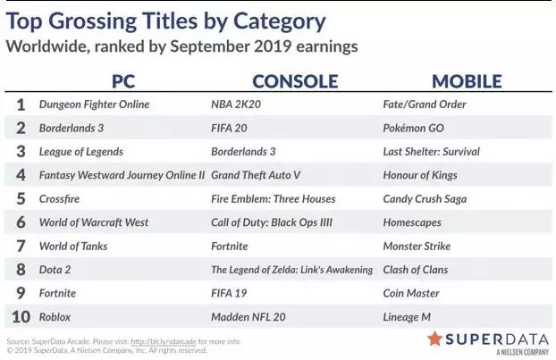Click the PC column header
[x=123, y=81]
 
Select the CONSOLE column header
[x=295, y=81]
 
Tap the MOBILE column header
[x=467, y=81]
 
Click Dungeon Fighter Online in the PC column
[x=95, y=105]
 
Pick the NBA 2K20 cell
[x=236, y=105]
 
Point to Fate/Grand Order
[x=425, y=105]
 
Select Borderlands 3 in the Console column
[x=243, y=152]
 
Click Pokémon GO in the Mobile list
[x=414, y=128]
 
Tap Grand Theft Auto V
[x=256, y=175]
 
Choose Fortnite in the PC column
[x=57, y=293]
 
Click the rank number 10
[x=21, y=317]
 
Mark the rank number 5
[x=21, y=199]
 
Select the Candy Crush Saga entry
[x=425, y=199]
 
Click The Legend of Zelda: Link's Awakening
[x=291, y=270]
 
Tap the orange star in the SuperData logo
[x=434, y=339]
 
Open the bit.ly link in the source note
[x=164, y=341]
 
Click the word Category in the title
[x=279, y=22]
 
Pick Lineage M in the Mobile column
[x=407, y=317]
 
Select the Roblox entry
[x=55, y=317]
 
